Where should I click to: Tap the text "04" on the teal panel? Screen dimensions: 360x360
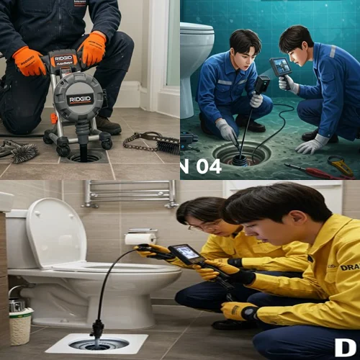208,167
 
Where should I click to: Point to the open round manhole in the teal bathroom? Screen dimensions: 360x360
242,153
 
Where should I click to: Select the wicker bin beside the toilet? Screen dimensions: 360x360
21,325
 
